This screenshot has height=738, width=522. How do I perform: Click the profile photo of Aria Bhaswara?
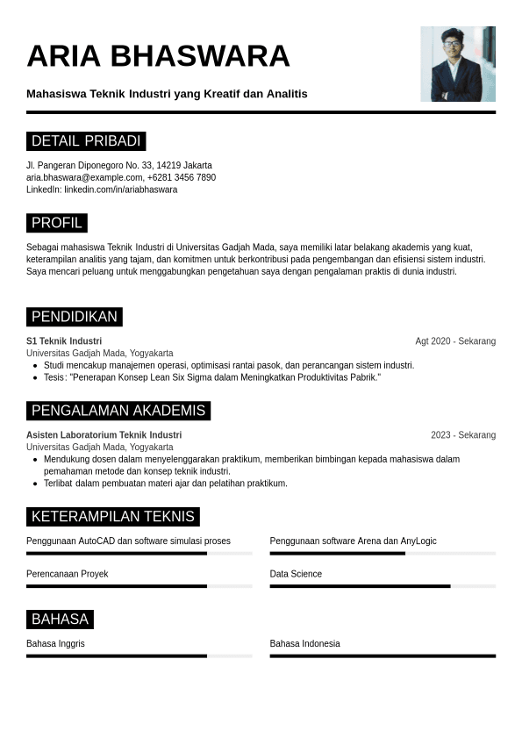click(457, 64)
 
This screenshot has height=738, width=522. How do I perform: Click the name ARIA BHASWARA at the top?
click(158, 55)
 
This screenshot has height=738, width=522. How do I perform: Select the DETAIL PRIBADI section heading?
click(86, 141)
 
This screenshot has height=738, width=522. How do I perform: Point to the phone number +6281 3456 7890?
click(182, 177)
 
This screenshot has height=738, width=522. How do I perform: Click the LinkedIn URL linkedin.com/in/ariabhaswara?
click(120, 190)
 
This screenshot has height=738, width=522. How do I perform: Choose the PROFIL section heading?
click(57, 223)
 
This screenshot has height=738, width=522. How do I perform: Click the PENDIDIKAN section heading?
click(75, 317)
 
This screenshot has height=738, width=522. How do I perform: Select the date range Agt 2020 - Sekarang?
click(455, 341)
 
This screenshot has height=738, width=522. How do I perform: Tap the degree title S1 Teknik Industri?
click(64, 341)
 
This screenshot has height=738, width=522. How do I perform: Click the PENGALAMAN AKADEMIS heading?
click(118, 411)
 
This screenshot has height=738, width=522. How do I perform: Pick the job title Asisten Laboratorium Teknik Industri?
click(104, 435)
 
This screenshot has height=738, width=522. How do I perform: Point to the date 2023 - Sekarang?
click(462, 435)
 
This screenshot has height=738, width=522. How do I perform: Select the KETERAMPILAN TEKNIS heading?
click(113, 517)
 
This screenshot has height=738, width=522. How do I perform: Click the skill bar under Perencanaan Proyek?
click(139, 585)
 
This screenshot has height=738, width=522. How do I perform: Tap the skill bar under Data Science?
click(382, 585)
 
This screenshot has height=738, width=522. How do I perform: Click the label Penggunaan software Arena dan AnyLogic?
click(353, 541)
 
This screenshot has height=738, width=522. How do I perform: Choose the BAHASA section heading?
click(60, 620)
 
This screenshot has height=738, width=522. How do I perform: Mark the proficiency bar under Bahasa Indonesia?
click(382, 656)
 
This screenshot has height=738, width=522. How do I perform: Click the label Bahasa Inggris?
click(55, 644)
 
